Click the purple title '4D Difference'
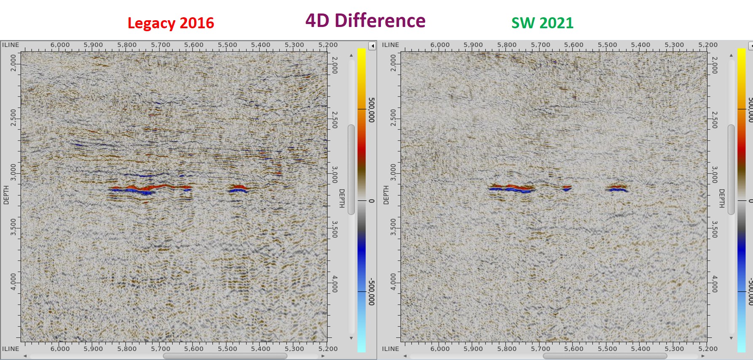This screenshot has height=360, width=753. click(x=365, y=20)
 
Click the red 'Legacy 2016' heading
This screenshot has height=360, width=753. click(x=171, y=23)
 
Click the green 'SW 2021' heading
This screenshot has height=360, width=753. click(x=542, y=23)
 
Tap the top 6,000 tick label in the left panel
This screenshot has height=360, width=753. click(x=60, y=45)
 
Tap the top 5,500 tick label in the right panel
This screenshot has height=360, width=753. click(x=607, y=45)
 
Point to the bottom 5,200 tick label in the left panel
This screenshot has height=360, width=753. click(x=328, y=349)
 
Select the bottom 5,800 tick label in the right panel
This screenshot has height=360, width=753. click(x=506, y=349)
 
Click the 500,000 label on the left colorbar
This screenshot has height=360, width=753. click(x=371, y=110)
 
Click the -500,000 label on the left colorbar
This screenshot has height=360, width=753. click(x=371, y=291)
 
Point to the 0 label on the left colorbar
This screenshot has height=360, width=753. click(x=371, y=201)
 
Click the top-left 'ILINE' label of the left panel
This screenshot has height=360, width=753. click(x=11, y=45)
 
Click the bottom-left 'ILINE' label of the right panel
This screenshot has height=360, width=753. click(x=390, y=349)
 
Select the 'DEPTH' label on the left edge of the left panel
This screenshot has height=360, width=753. click(x=6, y=195)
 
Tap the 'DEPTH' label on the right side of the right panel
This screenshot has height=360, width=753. click(x=721, y=198)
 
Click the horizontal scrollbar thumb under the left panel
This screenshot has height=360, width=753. click(x=225, y=356)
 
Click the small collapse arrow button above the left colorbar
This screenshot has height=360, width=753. click(x=372, y=46)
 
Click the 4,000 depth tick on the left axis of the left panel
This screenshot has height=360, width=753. click(x=13, y=281)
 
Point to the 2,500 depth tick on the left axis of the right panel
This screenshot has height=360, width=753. click(x=393, y=117)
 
